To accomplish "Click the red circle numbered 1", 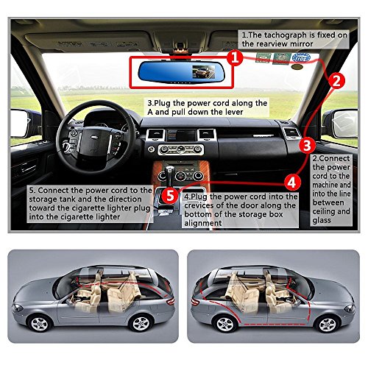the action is [235, 58].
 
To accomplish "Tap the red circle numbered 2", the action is [336, 81].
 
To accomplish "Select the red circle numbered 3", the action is [307, 145].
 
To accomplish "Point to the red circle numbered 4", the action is [292, 183].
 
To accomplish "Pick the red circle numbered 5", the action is [170, 196].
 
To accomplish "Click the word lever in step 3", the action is [232, 112].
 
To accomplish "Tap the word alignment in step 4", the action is [203, 223].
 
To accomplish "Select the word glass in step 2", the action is [322, 220].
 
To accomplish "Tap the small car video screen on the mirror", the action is [203, 71].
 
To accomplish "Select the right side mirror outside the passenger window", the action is [342, 124].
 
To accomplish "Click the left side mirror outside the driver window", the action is [21, 123].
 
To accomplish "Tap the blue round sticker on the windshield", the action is [301, 58].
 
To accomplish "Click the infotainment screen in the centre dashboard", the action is [181, 135].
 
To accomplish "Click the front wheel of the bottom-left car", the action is [40, 324].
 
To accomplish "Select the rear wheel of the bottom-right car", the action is [224, 324].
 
